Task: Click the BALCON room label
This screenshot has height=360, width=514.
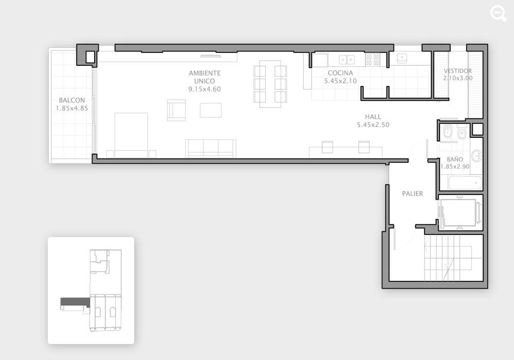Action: pos(72,100)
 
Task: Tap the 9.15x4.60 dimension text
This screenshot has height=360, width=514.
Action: pos(205,89)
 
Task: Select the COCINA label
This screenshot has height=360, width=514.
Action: pos(340,73)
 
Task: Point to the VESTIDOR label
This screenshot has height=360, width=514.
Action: pos(457,70)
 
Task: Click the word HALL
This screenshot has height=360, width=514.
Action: pos(373,116)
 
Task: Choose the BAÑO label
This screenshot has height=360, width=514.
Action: pos(455,159)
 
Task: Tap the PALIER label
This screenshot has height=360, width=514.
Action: pos(412,193)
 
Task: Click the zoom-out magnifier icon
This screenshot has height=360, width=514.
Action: pos(498,14)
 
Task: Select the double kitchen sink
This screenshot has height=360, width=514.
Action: pos(347,60)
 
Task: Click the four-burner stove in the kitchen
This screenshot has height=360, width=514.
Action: pos(373,60)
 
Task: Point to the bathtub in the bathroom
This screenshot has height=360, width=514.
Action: pos(465,183)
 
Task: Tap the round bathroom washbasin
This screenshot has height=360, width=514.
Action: pos(476,155)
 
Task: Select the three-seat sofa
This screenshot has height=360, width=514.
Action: pos(210,148)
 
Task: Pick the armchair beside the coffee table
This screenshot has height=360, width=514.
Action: pos(176,110)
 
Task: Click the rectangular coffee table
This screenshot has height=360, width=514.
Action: pos(210,110)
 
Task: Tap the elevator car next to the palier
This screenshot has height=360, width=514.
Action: pos(459,212)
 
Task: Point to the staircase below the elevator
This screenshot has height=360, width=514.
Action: pos(454,258)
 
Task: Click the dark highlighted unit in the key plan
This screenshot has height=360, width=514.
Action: pos(76,302)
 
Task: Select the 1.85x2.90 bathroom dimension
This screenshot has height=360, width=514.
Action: pos(455,167)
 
